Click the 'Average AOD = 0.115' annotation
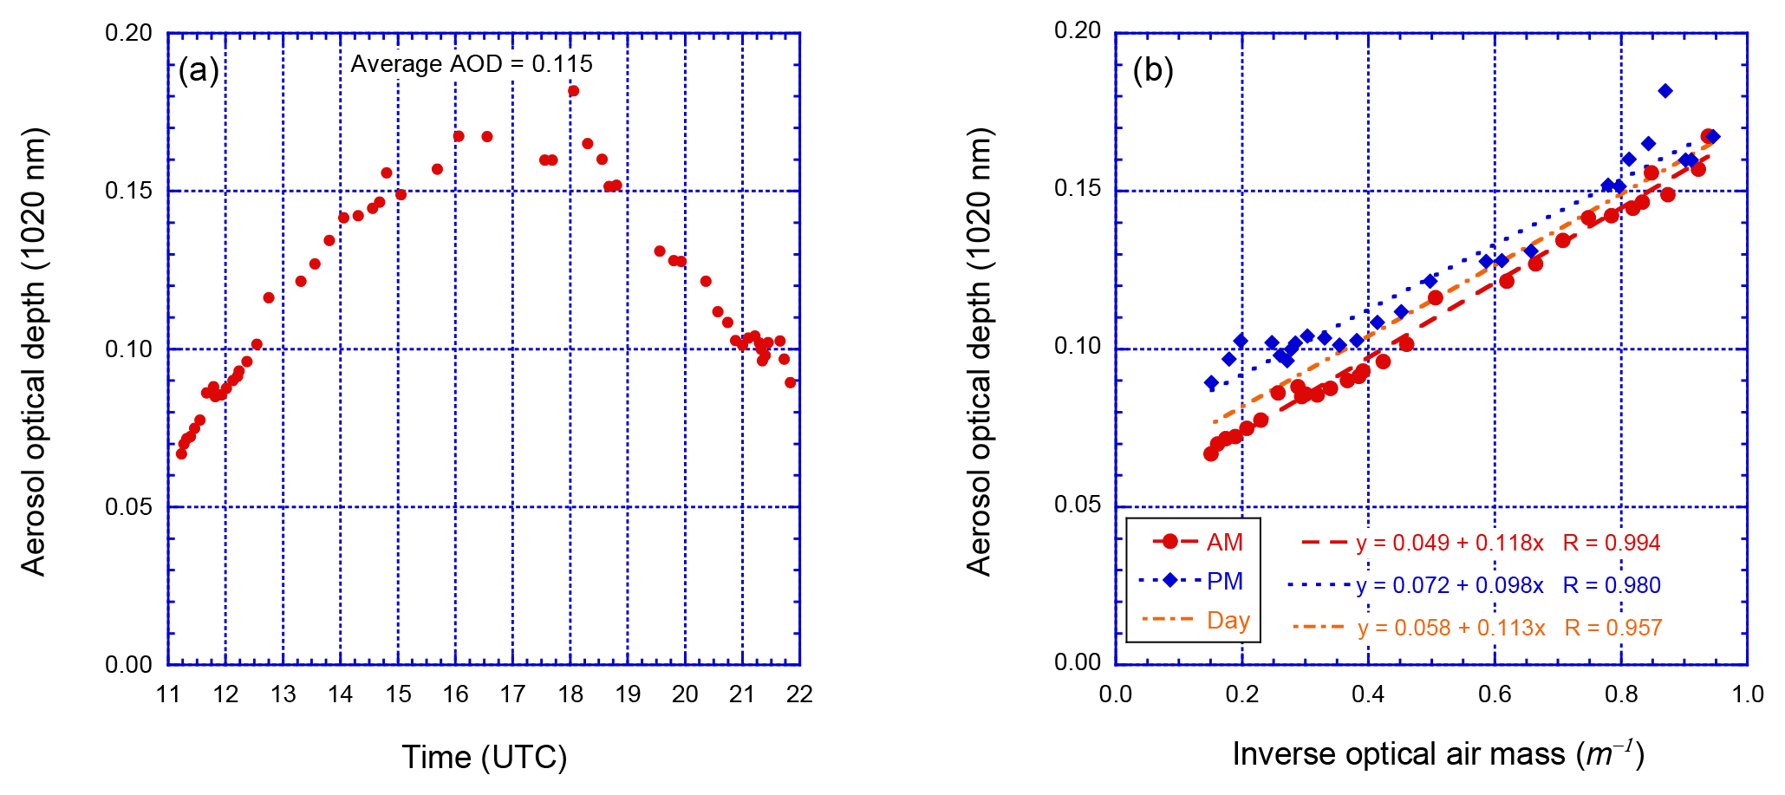tap(472, 64)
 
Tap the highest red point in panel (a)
tap(573, 91)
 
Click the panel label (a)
tap(199, 70)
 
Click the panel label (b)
tap(1153, 70)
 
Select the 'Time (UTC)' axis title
tap(484, 757)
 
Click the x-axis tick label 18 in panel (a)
tap(570, 694)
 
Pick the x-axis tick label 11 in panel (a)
tap(168, 694)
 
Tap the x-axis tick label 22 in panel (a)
tap(799, 694)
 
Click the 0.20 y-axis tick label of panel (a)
tap(128, 33)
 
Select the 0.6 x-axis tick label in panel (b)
tap(1495, 694)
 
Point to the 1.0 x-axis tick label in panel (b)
tap(1747, 694)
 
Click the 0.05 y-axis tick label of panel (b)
tap(1077, 505)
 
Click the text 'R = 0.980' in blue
tap(1612, 585)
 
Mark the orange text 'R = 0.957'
tap(1613, 628)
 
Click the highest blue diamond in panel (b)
tap(1665, 91)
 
